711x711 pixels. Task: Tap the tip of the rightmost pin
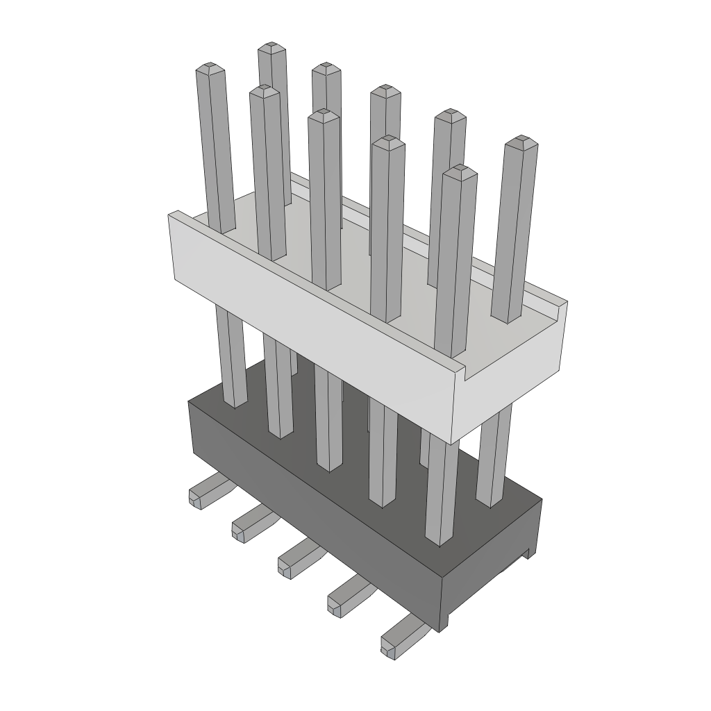click(x=521, y=142)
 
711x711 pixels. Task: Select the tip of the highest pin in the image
click(x=272, y=49)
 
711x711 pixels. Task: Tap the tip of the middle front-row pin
click(x=324, y=114)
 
